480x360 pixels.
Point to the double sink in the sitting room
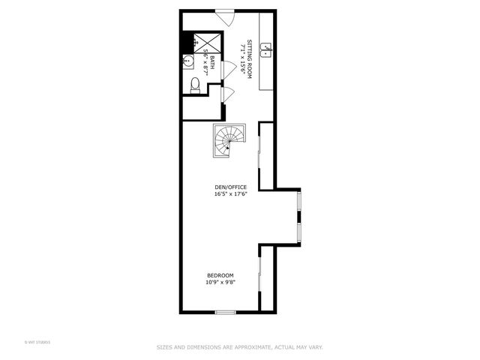click(x=265, y=52)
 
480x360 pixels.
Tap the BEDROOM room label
click(x=220, y=274)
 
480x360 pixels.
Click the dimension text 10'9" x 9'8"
click(x=220, y=283)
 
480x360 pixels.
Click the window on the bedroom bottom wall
click(x=225, y=312)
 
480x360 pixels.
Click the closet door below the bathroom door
click(x=228, y=94)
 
